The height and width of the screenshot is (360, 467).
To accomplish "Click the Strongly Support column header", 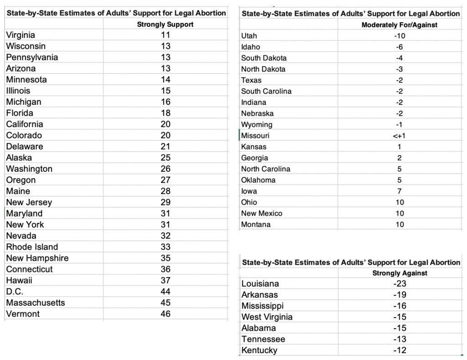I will pyautogui.click(x=165, y=25).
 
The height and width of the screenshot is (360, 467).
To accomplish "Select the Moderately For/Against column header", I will pyautogui.click(x=400, y=25).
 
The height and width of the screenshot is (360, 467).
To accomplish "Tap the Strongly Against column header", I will pyautogui.click(x=400, y=273).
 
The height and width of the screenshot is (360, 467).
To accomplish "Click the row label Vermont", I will pyautogui.click(x=23, y=314).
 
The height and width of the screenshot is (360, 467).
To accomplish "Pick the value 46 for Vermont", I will pyautogui.click(x=166, y=314).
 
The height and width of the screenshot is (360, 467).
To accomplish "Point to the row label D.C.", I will pyautogui.click(x=15, y=292).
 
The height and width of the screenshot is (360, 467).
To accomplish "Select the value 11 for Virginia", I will pyautogui.click(x=166, y=35).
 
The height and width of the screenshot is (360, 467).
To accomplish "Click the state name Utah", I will pyautogui.click(x=249, y=36).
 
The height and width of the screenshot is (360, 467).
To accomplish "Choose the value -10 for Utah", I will pyautogui.click(x=400, y=36).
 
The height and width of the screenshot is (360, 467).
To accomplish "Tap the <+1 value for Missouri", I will pyautogui.click(x=400, y=136).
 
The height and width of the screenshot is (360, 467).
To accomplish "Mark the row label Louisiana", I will pyautogui.click(x=260, y=284).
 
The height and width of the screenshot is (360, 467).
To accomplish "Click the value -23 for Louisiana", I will pyautogui.click(x=400, y=284).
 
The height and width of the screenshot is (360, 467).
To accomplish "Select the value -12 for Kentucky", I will pyautogui.click(x=400, y=350).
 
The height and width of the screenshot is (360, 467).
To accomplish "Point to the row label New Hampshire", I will pyautogui.click(x=37, y=258).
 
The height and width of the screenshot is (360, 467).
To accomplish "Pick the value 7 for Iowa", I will pyautogui.click(x=400, y=191).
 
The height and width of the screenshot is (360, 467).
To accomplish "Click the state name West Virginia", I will pyautogui.click(x=267, y=317).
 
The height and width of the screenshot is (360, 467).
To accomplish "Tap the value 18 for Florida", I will pyautogui.click(x=166, y=113).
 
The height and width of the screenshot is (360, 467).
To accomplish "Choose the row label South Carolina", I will pyautogui.click(x=266, y=91).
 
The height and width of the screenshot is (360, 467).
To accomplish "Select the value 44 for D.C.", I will pyautogui.click(x=166, y=292).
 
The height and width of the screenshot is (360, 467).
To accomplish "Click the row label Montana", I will pyautogui.click(x=256, y=225).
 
